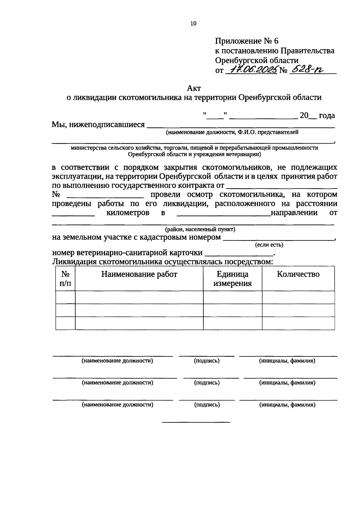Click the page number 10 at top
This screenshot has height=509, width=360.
[193, 24]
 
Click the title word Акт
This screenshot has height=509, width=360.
[193, 88]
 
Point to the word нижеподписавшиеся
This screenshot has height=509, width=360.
[107, 124]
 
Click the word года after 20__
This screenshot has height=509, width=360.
[327, 115]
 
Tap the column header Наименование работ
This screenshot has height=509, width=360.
[139, 274]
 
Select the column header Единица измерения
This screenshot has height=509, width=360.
[232, 279]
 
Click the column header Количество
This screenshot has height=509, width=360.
[298, 274]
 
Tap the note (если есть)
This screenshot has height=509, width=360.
[269, 245]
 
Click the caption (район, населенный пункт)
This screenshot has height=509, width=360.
[200, 230]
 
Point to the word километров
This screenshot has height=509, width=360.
[128, 213]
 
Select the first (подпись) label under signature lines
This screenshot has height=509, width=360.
[207, 361]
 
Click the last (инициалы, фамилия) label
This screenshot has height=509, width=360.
[287, 405]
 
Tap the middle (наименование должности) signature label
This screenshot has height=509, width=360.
[118, 382]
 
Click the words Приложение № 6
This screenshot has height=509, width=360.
[247, 41]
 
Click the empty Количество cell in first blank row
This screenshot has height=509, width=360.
[298, 297]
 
